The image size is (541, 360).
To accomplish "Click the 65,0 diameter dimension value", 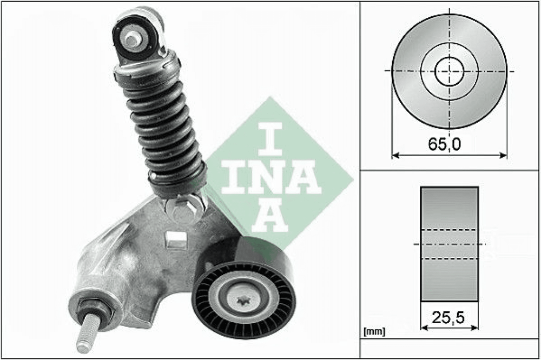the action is click(444, 144).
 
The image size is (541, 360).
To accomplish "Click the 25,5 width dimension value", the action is click(448, 317).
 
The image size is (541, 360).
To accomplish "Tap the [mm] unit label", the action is click(374, 332).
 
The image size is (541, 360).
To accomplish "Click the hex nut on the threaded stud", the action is click(96, 309).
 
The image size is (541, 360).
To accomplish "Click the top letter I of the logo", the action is click(270, 139).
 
